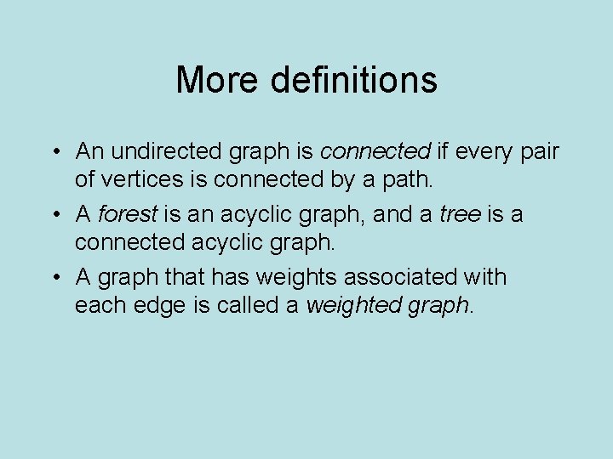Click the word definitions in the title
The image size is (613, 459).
point(355,81)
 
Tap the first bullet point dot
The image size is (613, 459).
point(54,153)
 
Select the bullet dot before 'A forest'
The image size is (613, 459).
point(54,216)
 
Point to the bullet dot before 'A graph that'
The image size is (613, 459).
point(54,279)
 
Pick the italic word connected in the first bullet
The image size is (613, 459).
point(375,152)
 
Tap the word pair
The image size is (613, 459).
point(537,152)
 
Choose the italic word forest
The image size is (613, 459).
point(128,215)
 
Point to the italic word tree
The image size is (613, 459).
point(460,215)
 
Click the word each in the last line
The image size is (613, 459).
point(99,305)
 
